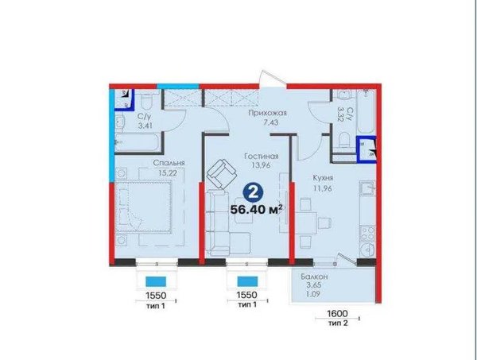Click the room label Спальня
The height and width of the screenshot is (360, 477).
coord(169,163)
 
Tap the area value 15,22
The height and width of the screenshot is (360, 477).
coord(168,173)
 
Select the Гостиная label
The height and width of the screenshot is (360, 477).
coord(262,157)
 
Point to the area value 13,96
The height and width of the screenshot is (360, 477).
coord(262,165)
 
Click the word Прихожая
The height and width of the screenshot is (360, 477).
coord(268,114)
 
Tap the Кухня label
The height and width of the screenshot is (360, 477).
coord(323,178)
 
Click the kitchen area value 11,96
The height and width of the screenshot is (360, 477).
coord(323,188)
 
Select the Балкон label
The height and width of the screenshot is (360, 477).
coord(314,277)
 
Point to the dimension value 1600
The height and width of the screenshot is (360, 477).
coord(337,313)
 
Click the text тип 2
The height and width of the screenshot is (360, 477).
coord(338,323)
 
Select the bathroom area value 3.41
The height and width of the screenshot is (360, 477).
coord(145,126)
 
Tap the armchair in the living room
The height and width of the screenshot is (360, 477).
coord(222,174)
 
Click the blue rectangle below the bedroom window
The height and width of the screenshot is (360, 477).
coord(156,281)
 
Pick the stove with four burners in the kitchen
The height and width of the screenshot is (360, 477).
coord(367,233)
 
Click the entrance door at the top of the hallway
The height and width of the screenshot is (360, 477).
coord(272,79)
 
